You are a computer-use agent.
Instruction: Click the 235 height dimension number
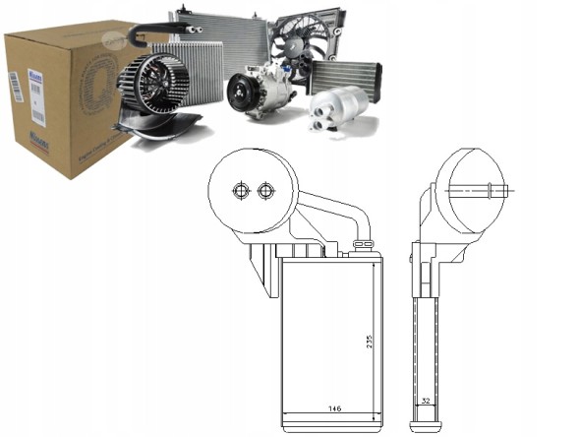(370, 341)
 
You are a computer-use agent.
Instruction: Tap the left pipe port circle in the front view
(238, 190)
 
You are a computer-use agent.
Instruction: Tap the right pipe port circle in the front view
(263, 190)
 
